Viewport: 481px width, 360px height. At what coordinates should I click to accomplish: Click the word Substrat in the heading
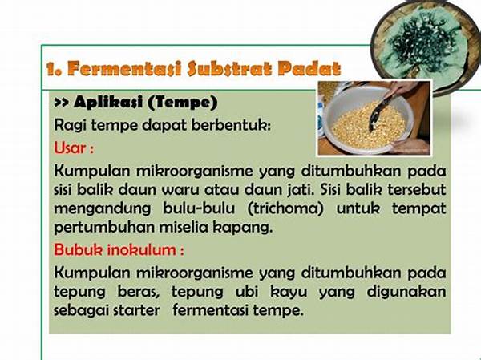(229, 68)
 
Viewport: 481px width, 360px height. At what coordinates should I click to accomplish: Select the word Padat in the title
(309, 68)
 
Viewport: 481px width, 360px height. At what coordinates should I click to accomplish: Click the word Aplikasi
(108, 102)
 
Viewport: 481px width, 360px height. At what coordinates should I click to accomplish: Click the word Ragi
(69, 126)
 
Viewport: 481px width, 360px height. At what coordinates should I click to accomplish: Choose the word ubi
(247, 292)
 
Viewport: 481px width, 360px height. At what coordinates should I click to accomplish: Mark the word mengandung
(103, 209)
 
